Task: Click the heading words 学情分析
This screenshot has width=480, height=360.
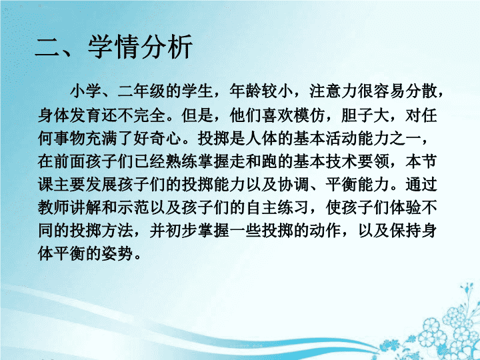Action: point(140,47)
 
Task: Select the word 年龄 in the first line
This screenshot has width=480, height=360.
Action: point(245,91)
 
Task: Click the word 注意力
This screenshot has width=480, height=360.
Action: point(333,91)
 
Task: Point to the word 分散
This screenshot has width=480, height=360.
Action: point(421,91)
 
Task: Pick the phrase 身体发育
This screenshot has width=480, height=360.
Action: point(69,115)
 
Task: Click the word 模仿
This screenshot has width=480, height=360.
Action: point(309,115)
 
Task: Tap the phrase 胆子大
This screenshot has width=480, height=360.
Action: point(365,115)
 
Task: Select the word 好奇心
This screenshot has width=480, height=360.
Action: point(157,139)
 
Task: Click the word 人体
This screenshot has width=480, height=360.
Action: point(261,139)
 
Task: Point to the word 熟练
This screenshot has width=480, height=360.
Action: point(181,161)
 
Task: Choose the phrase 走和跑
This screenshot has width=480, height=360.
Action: point(253,161)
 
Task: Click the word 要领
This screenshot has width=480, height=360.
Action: point(373,161)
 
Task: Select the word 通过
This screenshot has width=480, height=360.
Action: point(421,185)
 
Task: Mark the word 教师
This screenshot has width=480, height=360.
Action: point(53,208)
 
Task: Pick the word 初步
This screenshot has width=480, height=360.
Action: point(181,231)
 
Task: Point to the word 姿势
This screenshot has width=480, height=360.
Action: point(117,254)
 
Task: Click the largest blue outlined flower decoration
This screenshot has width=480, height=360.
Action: point(431,329)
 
